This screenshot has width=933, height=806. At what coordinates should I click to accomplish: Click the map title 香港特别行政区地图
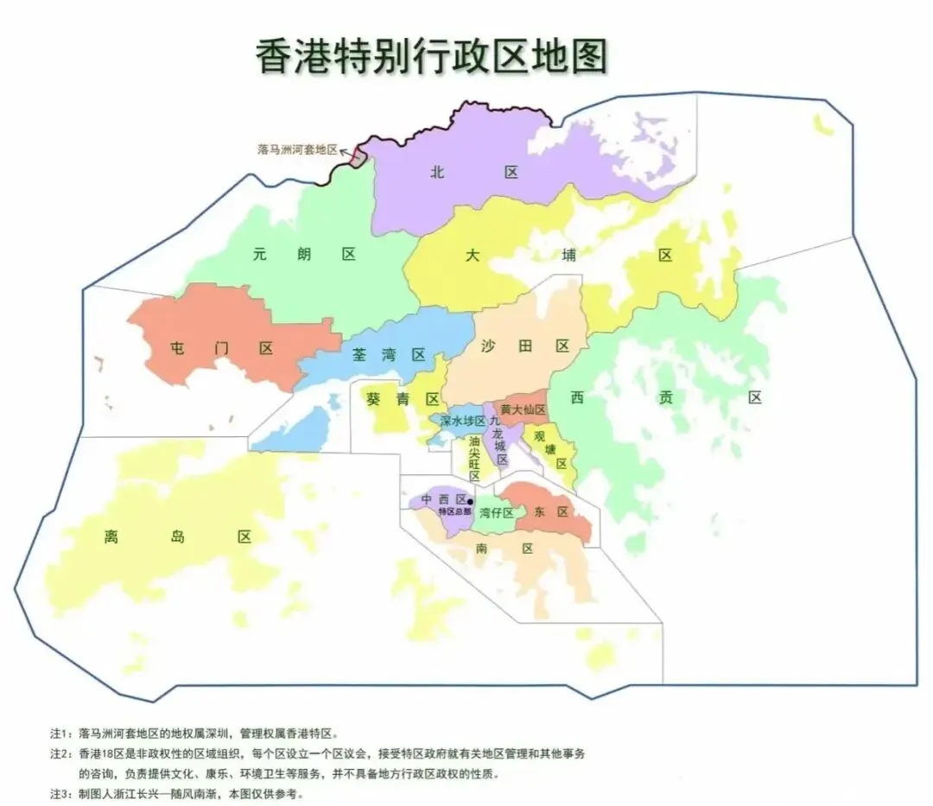431,58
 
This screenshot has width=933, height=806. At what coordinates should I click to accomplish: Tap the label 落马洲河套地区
297,149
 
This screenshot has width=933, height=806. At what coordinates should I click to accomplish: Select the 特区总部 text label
454,511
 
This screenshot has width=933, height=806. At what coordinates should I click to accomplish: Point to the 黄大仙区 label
524,409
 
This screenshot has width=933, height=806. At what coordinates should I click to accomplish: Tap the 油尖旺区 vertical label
474,458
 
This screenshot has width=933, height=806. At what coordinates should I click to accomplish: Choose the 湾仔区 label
497,513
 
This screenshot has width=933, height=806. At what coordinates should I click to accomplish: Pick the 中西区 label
443,499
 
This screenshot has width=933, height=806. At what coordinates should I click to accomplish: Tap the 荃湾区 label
389,355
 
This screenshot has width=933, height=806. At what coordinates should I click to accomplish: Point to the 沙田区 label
525,346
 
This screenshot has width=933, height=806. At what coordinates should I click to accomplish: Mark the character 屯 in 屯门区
178,348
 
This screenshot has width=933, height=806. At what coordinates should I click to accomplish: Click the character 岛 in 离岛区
177,536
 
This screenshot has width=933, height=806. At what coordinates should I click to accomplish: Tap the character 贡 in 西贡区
664,397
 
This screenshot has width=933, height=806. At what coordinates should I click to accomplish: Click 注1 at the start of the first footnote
60,733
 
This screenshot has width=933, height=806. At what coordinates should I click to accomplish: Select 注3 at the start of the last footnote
60,793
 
